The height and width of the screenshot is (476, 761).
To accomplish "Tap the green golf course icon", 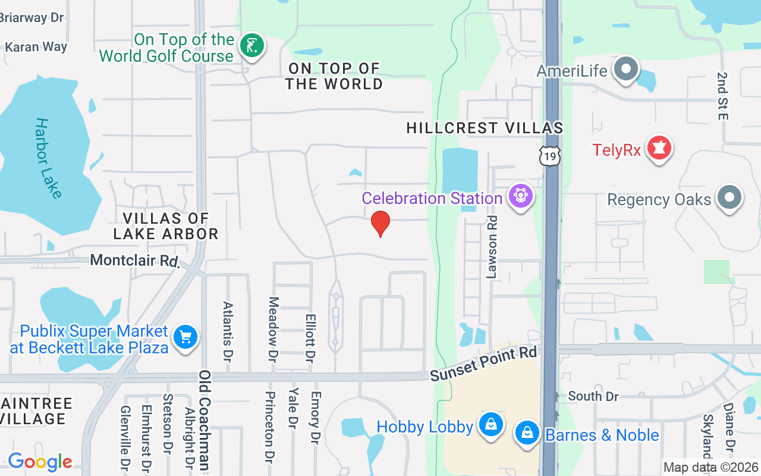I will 252,46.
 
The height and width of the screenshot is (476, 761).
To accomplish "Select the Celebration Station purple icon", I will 521,196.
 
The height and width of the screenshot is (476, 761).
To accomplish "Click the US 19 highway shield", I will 550,156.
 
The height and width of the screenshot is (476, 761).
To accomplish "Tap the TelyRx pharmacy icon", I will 659,148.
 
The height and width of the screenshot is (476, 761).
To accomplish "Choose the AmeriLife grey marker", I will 625,70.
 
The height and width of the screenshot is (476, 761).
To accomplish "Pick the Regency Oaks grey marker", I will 729,198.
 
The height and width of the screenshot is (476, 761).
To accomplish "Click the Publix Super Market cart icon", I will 185,337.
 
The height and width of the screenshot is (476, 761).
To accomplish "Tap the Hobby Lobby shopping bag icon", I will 491,425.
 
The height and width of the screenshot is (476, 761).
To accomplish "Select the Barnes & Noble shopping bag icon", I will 527,433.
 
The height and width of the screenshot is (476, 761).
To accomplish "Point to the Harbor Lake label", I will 48,158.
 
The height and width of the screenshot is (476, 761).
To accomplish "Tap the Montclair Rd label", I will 135,261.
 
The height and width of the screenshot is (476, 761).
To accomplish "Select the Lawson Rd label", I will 492,247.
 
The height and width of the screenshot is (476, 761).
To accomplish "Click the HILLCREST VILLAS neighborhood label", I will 485,128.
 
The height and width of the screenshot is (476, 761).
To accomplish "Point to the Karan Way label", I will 36,46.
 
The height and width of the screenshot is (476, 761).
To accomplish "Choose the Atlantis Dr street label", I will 228,331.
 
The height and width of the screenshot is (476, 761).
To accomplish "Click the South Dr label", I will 593,396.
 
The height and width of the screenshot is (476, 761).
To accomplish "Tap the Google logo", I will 40,461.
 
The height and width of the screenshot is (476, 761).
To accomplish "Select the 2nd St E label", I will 722,96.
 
